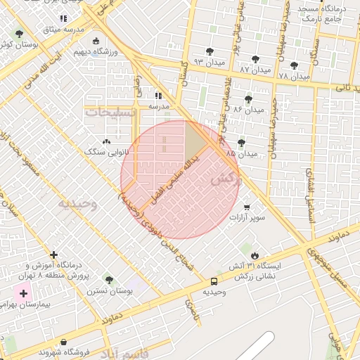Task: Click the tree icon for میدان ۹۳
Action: [210, 51]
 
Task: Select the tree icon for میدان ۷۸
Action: [294, 65]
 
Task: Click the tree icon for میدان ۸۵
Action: [242, 143]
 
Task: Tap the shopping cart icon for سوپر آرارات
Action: [247, 207]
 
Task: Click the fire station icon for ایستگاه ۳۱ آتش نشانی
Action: [255, 256]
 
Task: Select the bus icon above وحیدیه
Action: [213, 281]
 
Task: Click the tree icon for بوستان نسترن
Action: [108, 279]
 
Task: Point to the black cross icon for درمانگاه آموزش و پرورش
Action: [53, 255]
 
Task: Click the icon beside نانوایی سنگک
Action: [106, 141]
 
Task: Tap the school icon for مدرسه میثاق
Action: [63, 19]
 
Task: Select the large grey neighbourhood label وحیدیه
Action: [77, 204]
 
